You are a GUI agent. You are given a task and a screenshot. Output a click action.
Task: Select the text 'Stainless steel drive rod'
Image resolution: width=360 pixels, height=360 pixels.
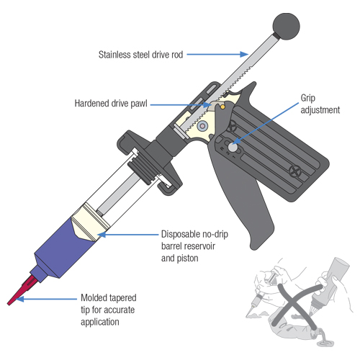148,54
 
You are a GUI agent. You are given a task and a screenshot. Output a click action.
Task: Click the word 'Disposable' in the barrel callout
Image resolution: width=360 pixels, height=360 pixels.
179,234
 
